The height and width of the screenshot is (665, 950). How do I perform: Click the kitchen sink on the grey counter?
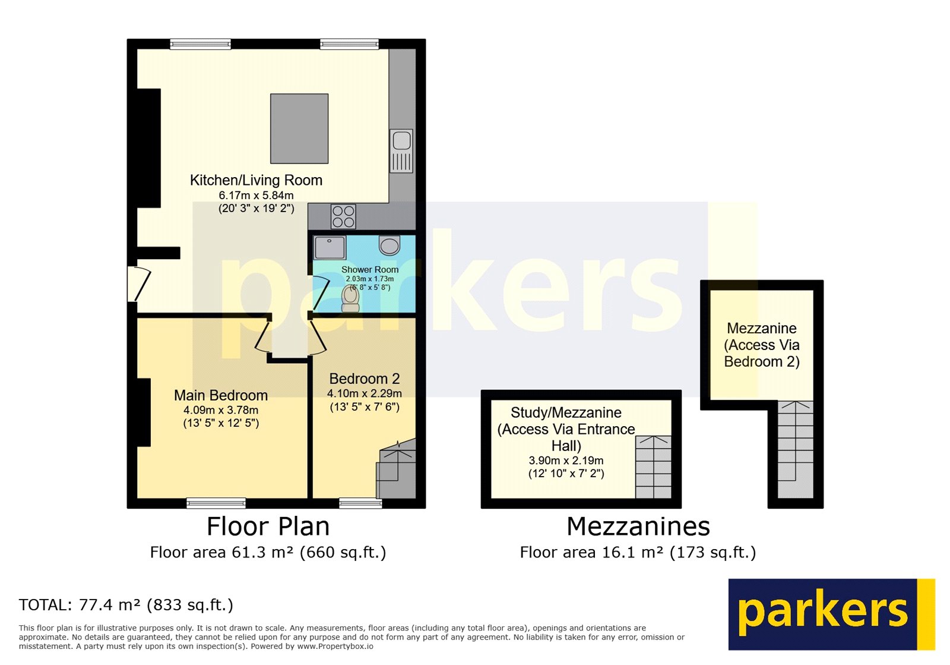point(401,150)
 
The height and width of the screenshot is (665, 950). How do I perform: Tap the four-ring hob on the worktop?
point(343,216)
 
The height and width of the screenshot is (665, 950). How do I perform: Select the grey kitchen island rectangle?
point(299,128)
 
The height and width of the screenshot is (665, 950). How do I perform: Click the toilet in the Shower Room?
point(350,298)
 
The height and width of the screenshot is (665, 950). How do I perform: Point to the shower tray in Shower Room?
point(330,247)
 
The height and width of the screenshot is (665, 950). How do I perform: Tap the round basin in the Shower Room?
point(389,245)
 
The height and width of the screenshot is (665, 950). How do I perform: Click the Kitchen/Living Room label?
point(256,180)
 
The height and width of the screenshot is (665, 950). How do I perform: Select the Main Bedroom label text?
point(221,395)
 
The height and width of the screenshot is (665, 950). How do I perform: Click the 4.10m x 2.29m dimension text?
point(364,393)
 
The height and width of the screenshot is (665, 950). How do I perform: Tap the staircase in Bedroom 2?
point(396,469)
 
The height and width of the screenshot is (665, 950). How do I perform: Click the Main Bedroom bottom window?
point(216,503)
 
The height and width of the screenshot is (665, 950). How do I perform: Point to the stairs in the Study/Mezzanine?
point(653,467)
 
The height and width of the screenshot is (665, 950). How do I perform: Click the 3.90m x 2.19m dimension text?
point(566,461)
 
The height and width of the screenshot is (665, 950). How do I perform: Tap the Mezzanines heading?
point(638,527)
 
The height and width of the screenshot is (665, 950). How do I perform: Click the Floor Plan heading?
point(268,527)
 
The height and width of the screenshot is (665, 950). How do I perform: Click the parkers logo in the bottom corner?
point(831,614)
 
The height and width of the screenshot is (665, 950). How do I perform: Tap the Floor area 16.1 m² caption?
point(638,553)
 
